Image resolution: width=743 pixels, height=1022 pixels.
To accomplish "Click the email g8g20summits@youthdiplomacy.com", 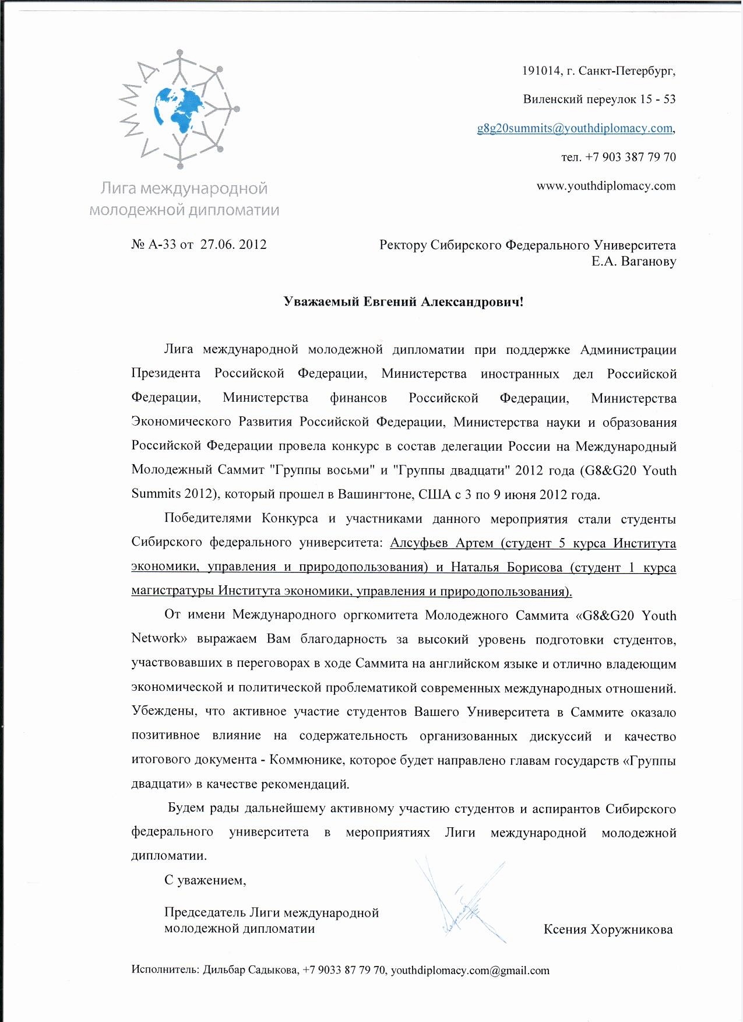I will (x=575, y=128).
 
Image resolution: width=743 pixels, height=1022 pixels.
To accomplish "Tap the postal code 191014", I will (x=541, y=71).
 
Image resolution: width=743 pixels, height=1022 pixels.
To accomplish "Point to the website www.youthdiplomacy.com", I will (x=606, y=186).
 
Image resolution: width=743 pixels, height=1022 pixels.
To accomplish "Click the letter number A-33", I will (x=163, y=244).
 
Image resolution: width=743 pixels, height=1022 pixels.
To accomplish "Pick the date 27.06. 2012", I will (x=234, y=244).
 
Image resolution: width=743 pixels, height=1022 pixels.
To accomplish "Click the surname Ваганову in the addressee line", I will (x=649, y=261).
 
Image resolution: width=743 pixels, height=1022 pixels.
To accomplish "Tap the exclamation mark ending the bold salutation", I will (x=521, y=301).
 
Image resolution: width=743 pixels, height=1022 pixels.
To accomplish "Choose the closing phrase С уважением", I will (x=205, y=880).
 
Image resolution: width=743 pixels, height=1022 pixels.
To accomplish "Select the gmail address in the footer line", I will (x=470, y=970).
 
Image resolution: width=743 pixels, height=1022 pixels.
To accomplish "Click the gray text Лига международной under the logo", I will (x=184, y=188).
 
